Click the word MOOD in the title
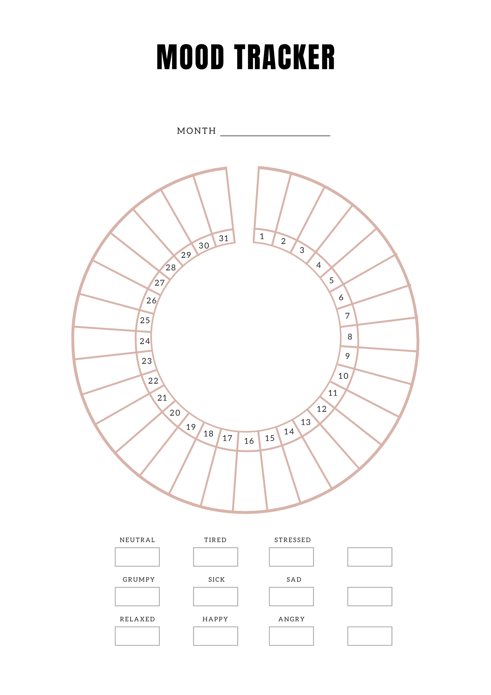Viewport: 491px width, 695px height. [190, 57]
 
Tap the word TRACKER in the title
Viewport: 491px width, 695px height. [285, 57]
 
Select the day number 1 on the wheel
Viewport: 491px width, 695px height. [262, 237]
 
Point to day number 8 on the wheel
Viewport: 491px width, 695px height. [350, 337]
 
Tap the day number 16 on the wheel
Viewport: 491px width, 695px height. [249, 441]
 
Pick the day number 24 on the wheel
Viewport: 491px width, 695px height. [145, 341]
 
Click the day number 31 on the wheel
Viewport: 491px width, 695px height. [224, 238]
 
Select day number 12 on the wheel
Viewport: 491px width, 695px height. [322, 409]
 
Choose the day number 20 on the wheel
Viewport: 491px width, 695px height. [175, 413]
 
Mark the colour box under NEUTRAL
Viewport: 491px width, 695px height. [137, 557]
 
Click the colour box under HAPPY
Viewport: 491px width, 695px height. [215, 636]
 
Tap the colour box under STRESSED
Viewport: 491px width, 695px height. [291, 557]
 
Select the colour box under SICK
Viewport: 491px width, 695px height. [215, 596]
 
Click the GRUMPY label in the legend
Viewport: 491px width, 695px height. [139, 580]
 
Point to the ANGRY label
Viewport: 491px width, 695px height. [292, 619]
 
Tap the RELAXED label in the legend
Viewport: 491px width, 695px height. [138, 619]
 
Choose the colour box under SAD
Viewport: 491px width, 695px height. [291, 596]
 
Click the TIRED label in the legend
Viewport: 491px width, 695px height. [215, 540]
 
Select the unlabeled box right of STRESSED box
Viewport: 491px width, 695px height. [370, 557]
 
